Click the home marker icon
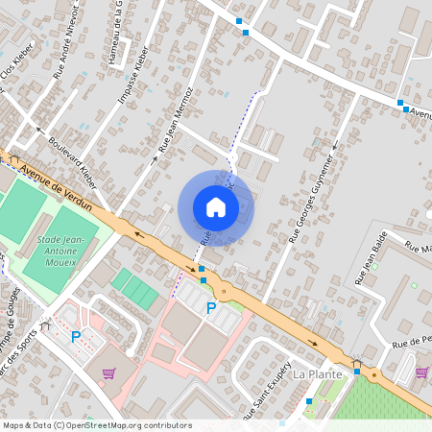click(216, 207)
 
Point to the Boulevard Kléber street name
click(76, 156)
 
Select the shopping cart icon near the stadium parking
click(108, 372)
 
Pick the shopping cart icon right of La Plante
click(421, 372)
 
